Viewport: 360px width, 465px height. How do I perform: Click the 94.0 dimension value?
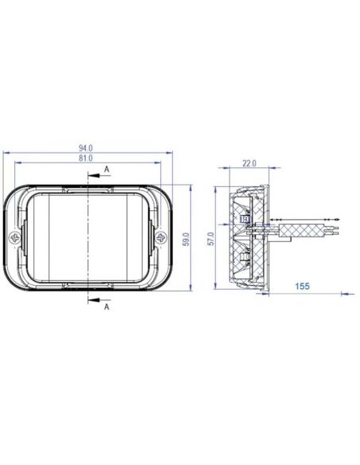pos(86,147)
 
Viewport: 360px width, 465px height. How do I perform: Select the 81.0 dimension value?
pos(86,158)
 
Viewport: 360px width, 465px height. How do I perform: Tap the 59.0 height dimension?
pos(186,239)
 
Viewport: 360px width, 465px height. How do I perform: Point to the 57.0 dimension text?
pos(210,239)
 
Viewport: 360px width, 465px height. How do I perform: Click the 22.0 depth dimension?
pos(249,163)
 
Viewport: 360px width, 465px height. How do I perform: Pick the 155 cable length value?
pos(302,286)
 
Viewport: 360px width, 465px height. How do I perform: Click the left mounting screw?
pos(14,238)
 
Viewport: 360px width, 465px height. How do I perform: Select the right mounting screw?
pos(161,238)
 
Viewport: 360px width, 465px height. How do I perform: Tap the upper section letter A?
pos(107,170)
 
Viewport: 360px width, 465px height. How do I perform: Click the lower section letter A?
pos(107,307)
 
